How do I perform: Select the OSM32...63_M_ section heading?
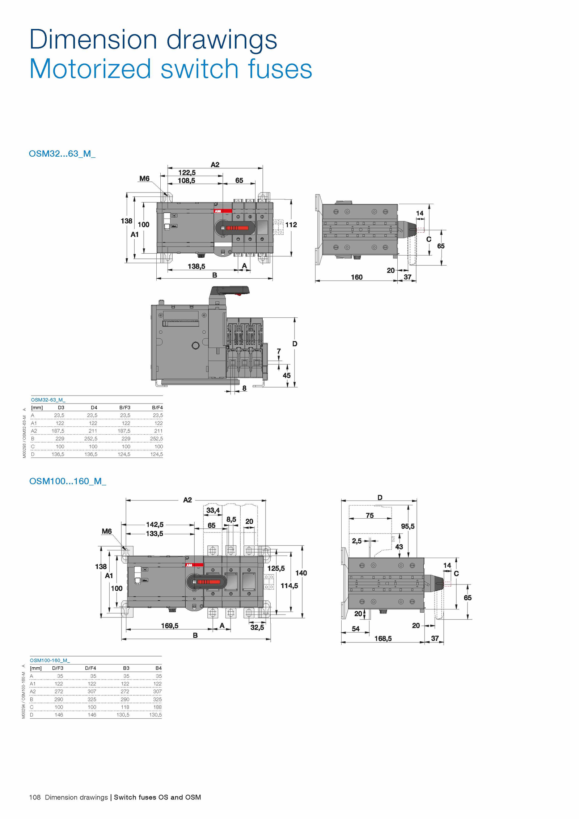point(62,153)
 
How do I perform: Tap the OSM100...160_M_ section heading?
point(68,481)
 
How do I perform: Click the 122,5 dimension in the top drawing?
point(187,173)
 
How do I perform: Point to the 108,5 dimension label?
point(186,180)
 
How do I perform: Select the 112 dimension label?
point(291,225)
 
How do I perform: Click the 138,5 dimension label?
point(196,266)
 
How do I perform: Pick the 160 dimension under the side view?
point(356,277)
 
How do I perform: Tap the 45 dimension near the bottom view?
point(287,375)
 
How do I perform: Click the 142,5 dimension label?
point(155,524)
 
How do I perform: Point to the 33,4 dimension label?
point(213,510)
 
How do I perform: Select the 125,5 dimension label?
point(276,569)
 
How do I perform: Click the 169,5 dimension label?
point(170,626)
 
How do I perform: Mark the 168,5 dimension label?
point(383,639)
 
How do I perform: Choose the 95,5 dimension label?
point(408,526)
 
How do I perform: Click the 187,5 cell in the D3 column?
point(58,431)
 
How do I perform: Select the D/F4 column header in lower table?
point(90,668)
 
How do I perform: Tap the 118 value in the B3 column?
point(125,707)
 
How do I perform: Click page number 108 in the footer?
point(35,797)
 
